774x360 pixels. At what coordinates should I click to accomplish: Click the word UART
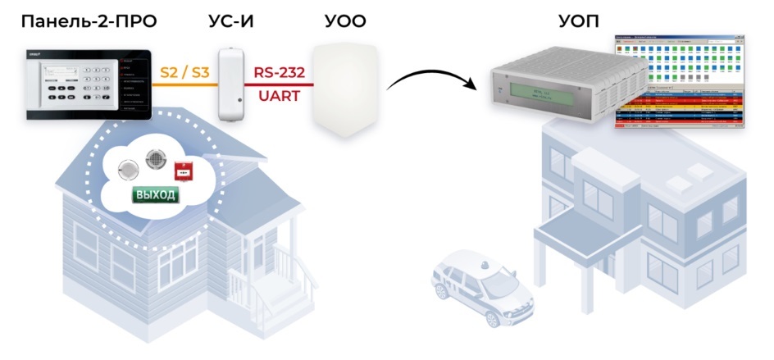point(278,96)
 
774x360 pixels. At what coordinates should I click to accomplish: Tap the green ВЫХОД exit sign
point(155,195)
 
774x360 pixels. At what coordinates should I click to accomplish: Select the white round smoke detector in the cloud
point(127,170)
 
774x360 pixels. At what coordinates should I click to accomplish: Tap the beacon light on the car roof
point(481,265)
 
